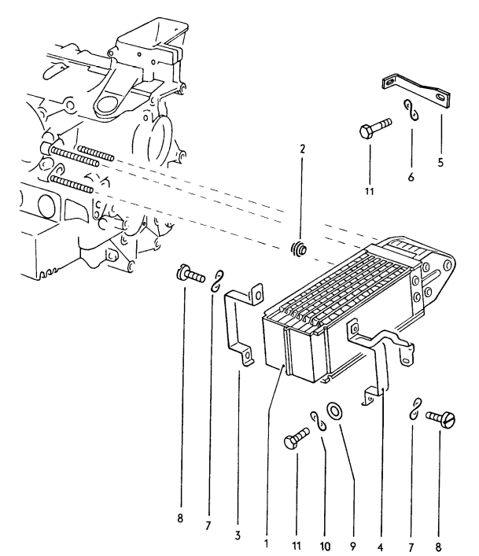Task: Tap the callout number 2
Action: [302, 149]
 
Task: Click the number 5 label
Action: [440, 164]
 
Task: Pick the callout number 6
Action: [411, 178]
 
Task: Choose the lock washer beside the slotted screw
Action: [415, 409]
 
